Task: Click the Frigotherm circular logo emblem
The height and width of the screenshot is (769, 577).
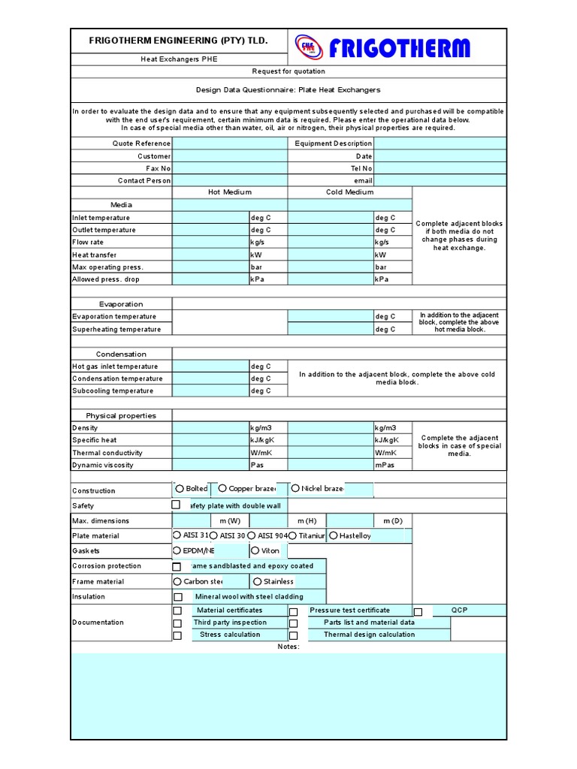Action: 310,48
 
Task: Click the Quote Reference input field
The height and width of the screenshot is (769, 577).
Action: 229,143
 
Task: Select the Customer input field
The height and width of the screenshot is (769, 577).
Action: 229,156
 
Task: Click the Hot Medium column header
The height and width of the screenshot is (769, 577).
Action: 230,192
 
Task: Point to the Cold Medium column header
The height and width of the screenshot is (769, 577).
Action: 349,192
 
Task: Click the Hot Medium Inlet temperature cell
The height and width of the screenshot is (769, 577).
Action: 210,218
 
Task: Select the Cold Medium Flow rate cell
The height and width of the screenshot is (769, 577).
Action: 331,243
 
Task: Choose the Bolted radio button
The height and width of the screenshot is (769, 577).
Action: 180,489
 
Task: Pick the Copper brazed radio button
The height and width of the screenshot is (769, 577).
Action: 222,489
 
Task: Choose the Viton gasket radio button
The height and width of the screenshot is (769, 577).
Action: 255,550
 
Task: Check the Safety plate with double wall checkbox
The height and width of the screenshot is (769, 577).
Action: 177,505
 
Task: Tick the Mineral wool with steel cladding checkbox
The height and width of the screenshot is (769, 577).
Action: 178,597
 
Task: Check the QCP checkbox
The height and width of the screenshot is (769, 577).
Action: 418,611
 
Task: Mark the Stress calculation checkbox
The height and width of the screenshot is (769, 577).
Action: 177,635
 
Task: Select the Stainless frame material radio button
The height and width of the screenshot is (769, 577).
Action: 258,581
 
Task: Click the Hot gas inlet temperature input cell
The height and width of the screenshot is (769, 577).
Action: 210,366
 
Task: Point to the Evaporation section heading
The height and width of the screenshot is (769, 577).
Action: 121,304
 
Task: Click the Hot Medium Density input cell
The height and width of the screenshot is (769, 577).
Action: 210,427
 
